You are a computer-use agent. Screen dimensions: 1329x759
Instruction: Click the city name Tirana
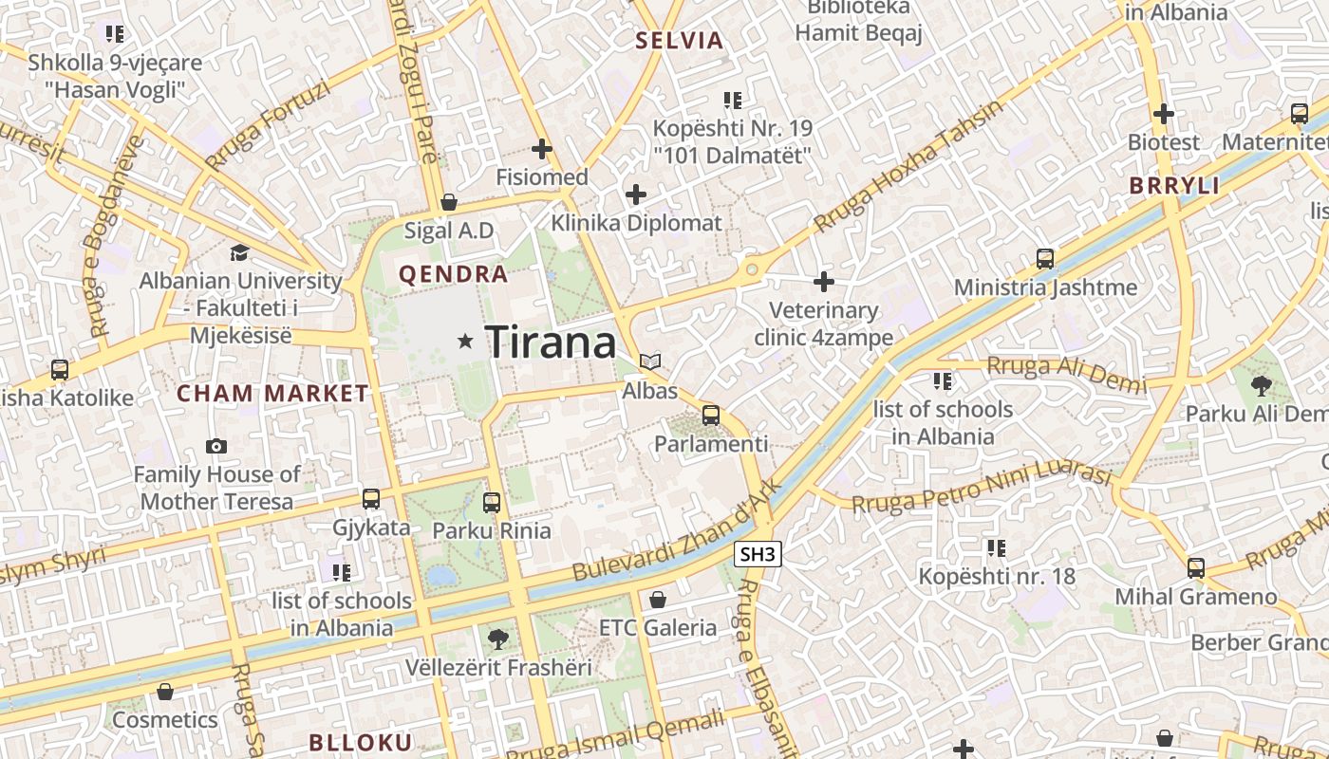(551, 342)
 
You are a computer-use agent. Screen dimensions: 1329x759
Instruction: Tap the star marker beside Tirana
(465, 341)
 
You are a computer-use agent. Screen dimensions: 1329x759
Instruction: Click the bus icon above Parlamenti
(710, 415)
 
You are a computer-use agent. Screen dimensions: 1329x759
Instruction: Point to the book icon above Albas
(650, 361)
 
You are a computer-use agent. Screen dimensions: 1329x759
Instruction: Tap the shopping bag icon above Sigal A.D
(449, 202)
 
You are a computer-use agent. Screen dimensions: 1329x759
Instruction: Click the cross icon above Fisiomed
(542, 149)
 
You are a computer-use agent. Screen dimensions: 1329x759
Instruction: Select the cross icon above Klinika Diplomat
(636, 195)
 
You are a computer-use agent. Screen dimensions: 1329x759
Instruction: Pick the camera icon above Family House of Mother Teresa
(216, 446)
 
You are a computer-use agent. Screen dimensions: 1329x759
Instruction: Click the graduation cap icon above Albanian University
(239, 252)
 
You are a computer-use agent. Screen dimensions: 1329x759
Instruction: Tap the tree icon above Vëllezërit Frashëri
(497, 639)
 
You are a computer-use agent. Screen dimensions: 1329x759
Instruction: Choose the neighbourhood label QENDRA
(453, 275)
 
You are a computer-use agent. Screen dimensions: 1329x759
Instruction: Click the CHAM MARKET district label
(272, 393)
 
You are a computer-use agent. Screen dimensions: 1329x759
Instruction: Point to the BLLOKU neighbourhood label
(361, 742)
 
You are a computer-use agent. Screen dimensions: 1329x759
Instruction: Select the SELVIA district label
(680, 41)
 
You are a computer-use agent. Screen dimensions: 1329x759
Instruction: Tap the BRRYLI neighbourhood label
(1174, 186)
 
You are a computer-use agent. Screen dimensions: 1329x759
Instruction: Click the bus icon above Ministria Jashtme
(1045, 258)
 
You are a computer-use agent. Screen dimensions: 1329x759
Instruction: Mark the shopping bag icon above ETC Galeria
(657, 600)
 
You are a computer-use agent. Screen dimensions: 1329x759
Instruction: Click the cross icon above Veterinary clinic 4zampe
(824, 282)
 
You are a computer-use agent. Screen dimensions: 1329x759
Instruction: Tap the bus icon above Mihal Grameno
(1196, 568)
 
